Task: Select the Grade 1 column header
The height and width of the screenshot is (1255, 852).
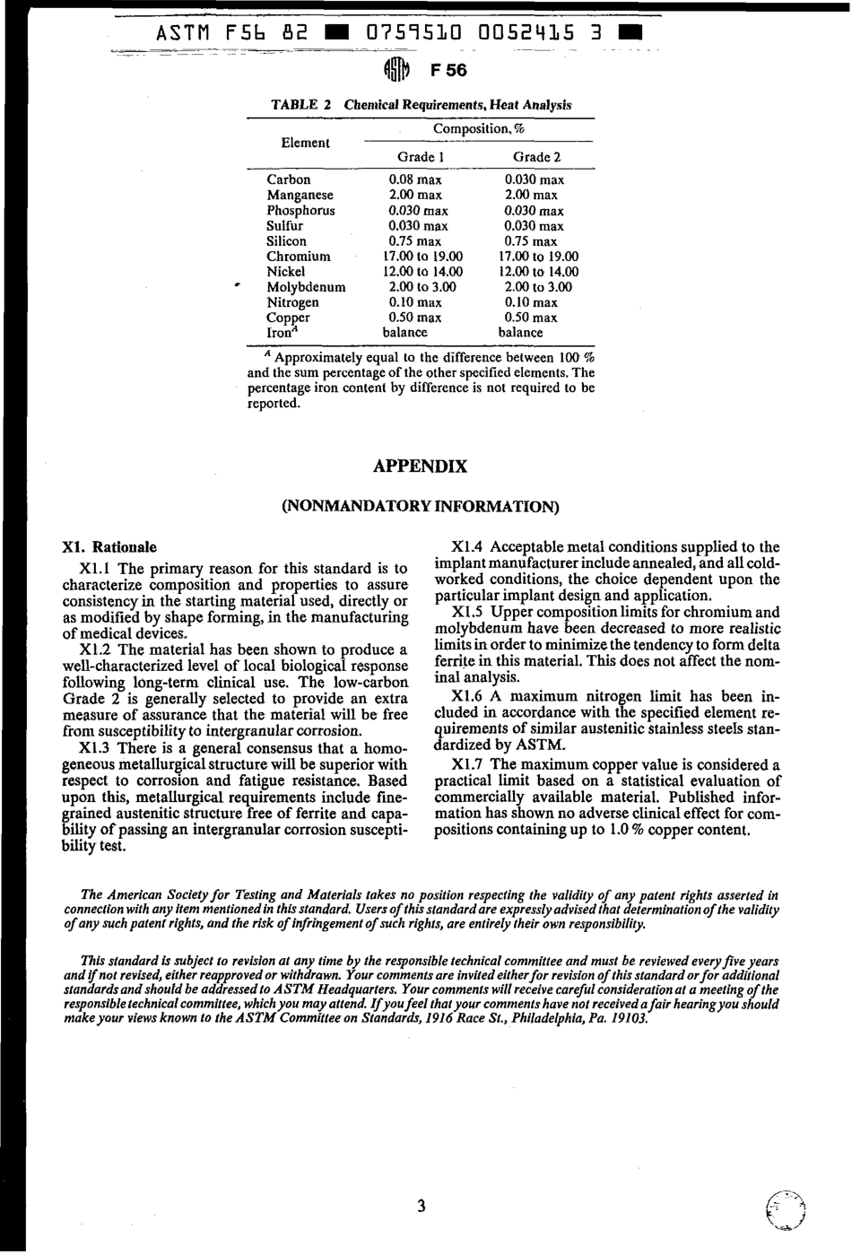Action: (x=420, y=158)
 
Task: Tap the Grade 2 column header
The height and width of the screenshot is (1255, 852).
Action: (x=536, y=158)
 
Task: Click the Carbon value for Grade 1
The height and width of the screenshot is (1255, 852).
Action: (x=414, y=180)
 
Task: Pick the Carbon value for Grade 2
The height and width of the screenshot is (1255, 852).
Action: (x=534, y=180)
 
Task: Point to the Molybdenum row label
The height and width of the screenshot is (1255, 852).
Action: (x=306, y=287)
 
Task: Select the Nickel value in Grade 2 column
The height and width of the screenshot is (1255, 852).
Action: (x=538, y=272)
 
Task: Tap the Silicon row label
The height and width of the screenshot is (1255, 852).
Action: (x=286, y=241)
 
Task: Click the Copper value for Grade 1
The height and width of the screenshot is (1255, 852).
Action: (x=414, y=318)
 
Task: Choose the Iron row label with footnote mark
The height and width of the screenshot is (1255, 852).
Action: (x=280, y=333)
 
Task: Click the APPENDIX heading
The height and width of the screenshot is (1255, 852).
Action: (x=420, y=467)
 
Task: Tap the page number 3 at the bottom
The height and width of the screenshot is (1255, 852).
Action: (x=421, y=1207)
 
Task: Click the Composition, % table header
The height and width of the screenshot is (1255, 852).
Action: (x=478, y=129)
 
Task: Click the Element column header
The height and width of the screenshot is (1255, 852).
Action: (x=305, y=143)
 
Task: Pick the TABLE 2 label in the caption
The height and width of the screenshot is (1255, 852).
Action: (x=301, y=105)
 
